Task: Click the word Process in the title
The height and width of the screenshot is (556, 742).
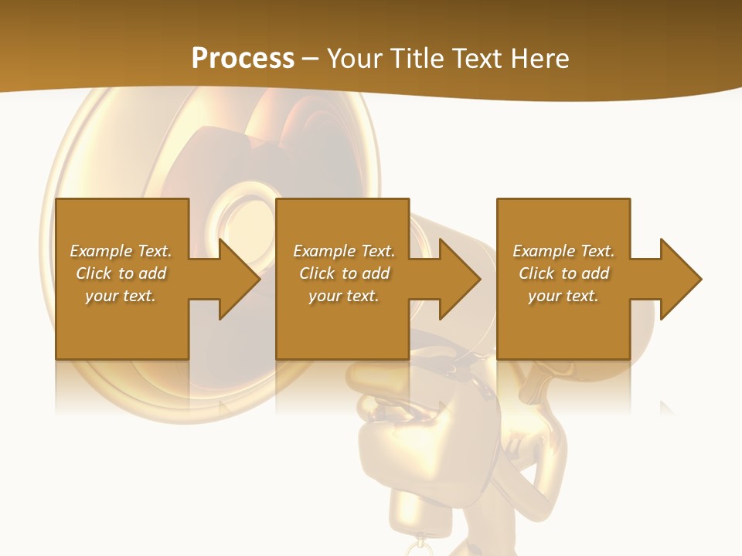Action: click(243, 59)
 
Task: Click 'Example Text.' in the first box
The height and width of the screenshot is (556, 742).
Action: click(121, 251)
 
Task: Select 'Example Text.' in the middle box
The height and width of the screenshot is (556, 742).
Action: click(343, 251)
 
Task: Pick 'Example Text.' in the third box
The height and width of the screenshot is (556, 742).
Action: click(563, 251)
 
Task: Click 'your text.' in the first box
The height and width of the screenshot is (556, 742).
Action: click(121, 296)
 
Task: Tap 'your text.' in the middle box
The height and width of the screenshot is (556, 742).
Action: click(343, 296)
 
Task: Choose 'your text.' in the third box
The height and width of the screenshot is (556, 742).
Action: click(563, 296)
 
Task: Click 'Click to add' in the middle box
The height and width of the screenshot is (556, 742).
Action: click(344, 273)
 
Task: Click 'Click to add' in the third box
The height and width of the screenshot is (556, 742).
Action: click(563, 273)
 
